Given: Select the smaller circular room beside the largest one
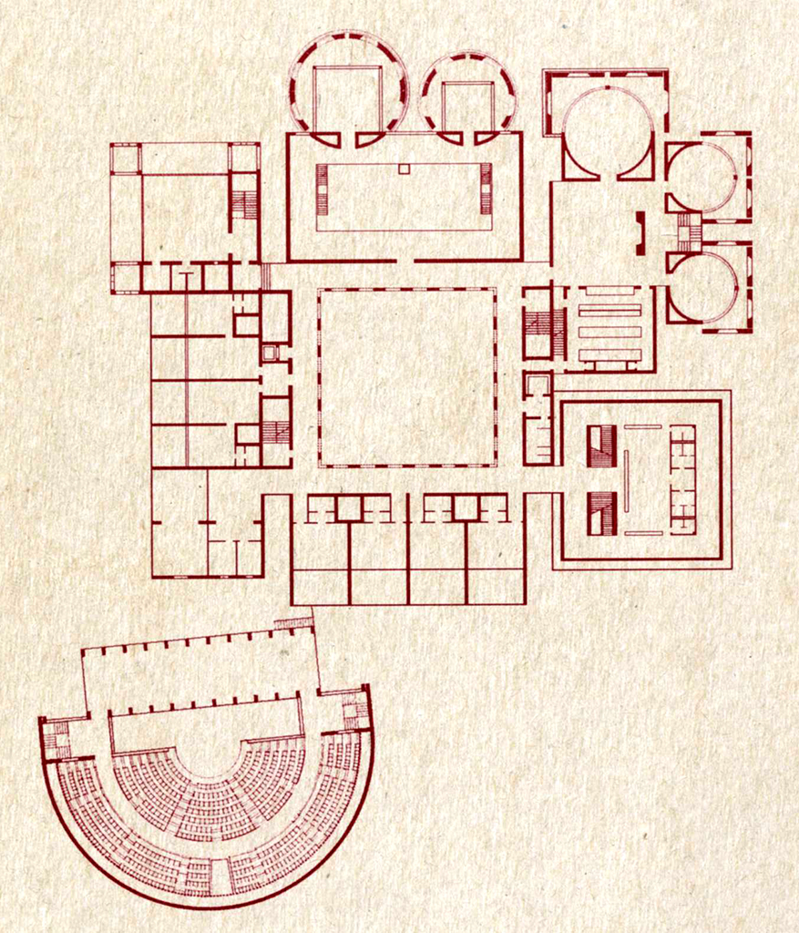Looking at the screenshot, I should click(x=467, y=97).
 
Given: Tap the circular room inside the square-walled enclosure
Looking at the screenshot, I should click(x=607, y=132).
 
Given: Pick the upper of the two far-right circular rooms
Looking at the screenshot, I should click(x=701, y=177).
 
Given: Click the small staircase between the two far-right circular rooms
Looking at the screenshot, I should click(x=689, y=232).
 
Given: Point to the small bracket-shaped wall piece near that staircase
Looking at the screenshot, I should click(x=640, y=232).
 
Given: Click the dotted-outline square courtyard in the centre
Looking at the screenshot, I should click(x=407, y=377).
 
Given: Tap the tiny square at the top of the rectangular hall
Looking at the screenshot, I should click(x=404, y=169).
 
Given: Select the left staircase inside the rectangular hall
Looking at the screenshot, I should click(x=322, y=190).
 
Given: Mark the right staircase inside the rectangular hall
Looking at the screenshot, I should click(x=486, y=190).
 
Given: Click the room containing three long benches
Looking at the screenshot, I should click(x=609, y=328).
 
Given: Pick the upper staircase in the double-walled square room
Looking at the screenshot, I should click(x=601, y=446).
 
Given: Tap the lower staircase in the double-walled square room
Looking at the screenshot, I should click(x=601, y=513).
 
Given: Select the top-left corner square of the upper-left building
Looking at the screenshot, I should click(x=126, y=158).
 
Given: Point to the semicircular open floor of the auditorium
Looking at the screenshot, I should click(x=208, y=743).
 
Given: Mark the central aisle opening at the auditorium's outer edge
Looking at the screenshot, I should click(x=219, y=877).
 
